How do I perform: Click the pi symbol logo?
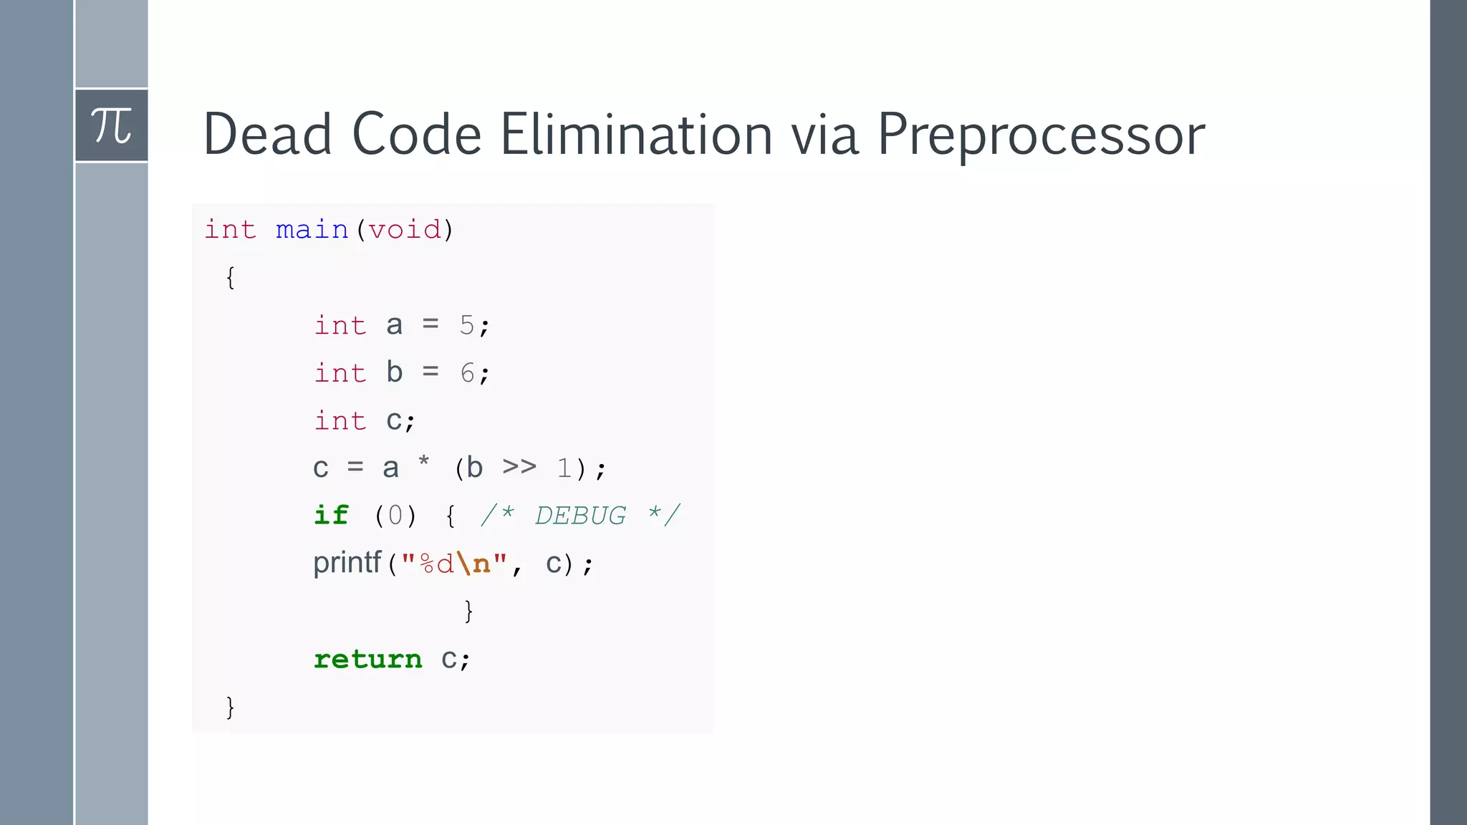point(111,126)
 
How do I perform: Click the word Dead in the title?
point(267,135)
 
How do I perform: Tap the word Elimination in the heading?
point(636,135)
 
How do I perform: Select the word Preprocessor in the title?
point(1041,136)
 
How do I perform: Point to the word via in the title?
point(824,135)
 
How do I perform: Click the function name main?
point(312,230)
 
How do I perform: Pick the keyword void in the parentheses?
point(405,230)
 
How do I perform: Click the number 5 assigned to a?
point(467,326)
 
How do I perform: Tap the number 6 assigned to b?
point(467,373)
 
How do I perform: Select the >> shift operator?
point(519,467)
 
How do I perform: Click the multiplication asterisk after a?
point(424,463)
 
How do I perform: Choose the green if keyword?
point(331,516)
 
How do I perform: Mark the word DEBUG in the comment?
point(580,516)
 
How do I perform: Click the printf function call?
point(347,563)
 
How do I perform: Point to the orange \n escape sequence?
point(473,564)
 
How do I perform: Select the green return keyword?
point(368,659)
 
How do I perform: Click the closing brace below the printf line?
point(468,611)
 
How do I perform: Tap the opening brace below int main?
point(230,278)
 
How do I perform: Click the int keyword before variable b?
point(340,373)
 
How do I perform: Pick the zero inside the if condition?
point(395,516)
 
